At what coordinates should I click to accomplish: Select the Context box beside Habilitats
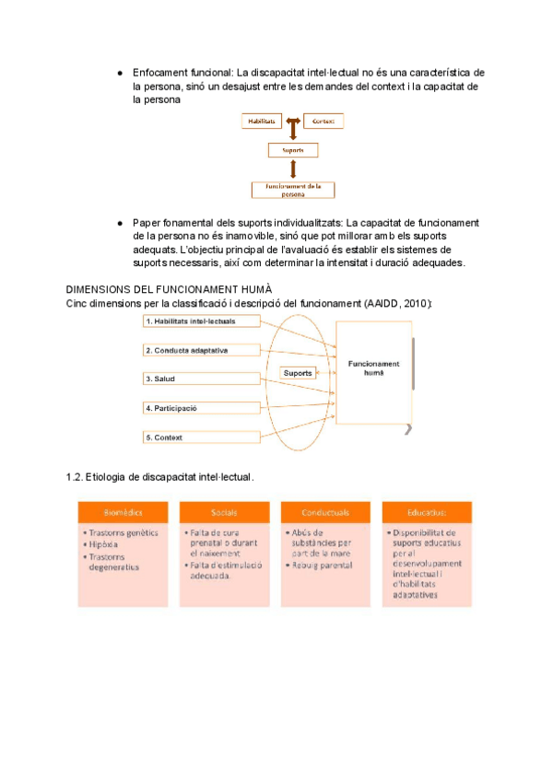323,121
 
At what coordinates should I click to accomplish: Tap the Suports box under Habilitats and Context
293,149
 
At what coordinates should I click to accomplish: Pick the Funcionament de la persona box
293,190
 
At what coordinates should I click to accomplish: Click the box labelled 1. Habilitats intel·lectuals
202,321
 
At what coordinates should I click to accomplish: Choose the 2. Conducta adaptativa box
202,350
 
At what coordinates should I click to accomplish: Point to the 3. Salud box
202,379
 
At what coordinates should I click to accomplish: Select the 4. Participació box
202,407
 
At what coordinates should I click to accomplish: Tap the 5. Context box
202,437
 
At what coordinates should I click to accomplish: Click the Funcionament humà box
373,368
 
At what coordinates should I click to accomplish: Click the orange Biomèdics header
123,511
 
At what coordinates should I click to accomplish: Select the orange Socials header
224,511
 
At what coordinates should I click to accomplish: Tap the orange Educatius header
427,511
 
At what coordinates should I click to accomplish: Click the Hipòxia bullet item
109,544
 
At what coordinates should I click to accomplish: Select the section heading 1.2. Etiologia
159,477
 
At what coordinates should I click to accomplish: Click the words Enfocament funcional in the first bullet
182,72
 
